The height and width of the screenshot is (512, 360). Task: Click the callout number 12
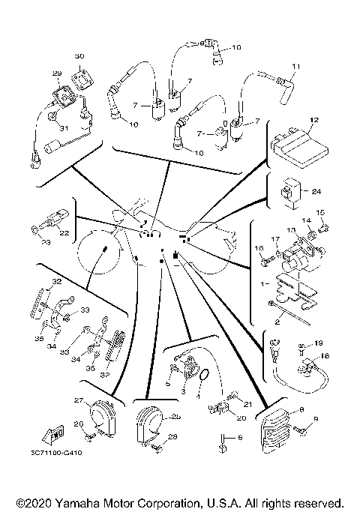[314, 120]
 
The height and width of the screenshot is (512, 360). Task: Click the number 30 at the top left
[79, 57]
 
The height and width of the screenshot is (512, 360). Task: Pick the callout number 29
[56, 73]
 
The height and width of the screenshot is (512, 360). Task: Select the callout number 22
[64, 233]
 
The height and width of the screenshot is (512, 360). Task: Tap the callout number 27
[77, 402]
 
